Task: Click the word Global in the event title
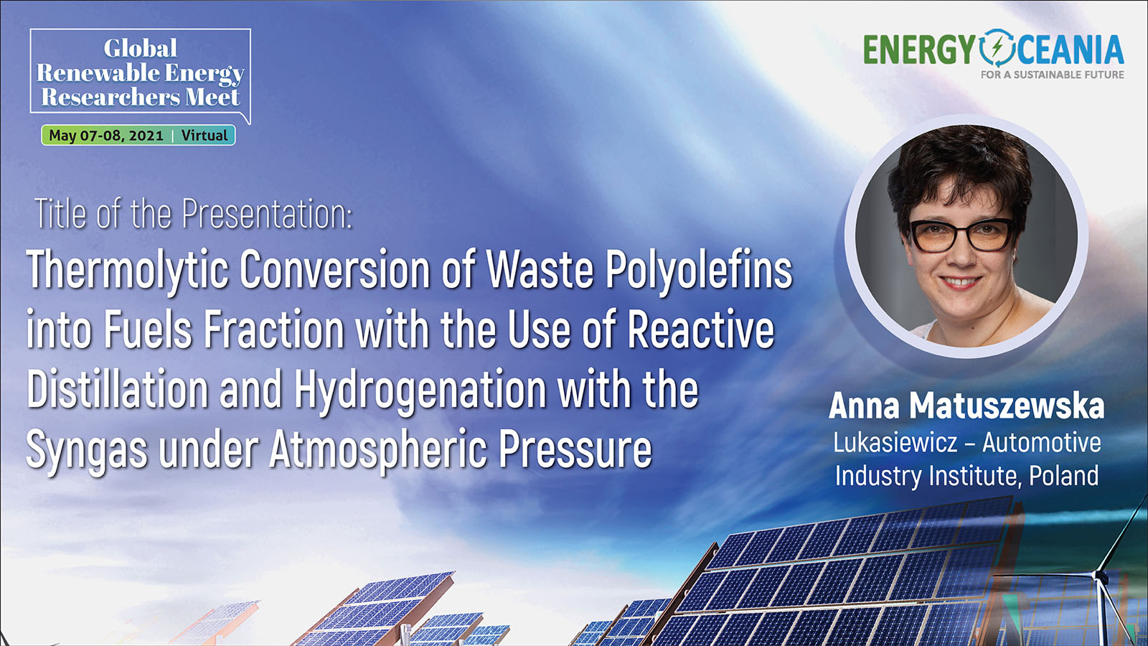point(140,48)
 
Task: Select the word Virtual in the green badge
point(204,136)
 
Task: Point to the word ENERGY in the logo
point(919,50)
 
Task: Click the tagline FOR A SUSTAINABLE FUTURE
point(1052,75)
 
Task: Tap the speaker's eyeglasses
point(961,235)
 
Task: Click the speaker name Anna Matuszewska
point(966,406)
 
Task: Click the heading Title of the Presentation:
point(194,214)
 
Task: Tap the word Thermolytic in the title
point(127,270)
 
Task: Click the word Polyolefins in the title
point(699,270)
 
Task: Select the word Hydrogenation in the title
point(420,390)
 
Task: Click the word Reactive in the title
point(701,329)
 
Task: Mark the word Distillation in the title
point(118,390)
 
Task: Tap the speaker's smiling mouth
point(959,283)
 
